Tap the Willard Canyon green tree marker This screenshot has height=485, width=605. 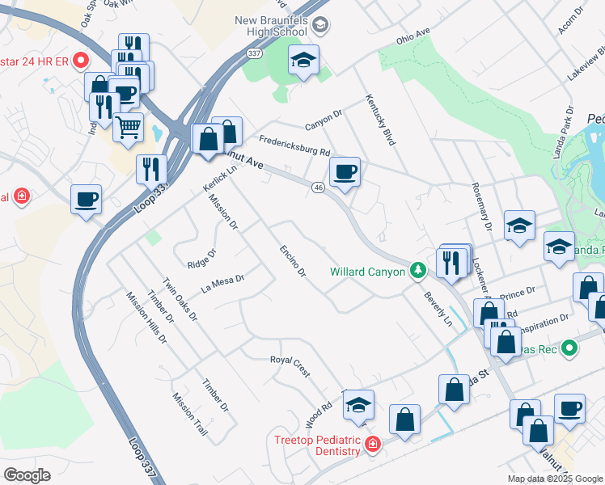[x=417, y=271]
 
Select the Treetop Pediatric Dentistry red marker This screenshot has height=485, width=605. [x=371, y=444]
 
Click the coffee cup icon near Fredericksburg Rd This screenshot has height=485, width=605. [x=345, y=172]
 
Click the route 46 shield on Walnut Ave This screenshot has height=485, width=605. [x=318, y=188]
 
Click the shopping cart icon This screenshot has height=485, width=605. [x=129, y=127]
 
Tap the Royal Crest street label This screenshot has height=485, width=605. [x=290, y=366]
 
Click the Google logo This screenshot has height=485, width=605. [x=27, y=474]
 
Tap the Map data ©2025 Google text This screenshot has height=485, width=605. [x=554, y=479]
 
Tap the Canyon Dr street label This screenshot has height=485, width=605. [x=324, y=120]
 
